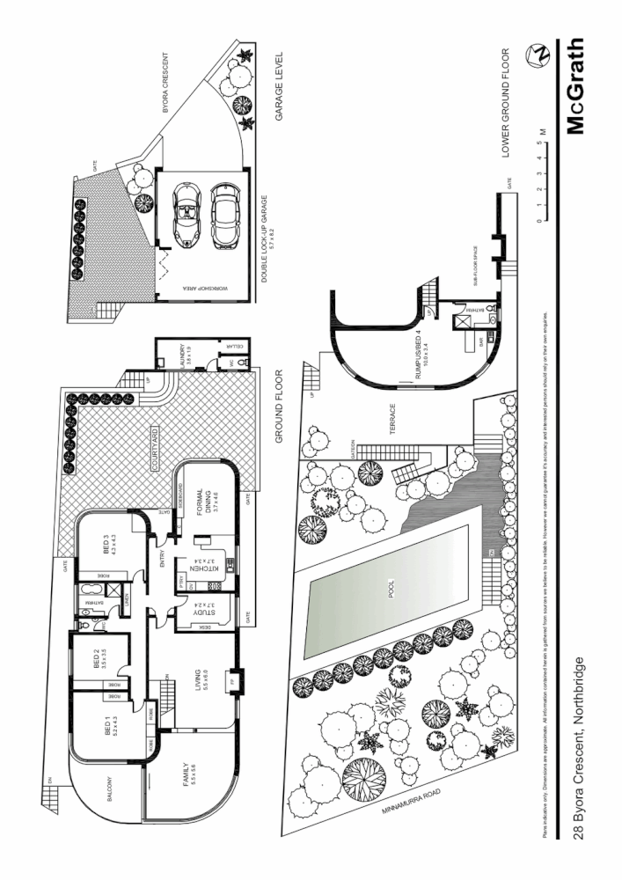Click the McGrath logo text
coord(575,85)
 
